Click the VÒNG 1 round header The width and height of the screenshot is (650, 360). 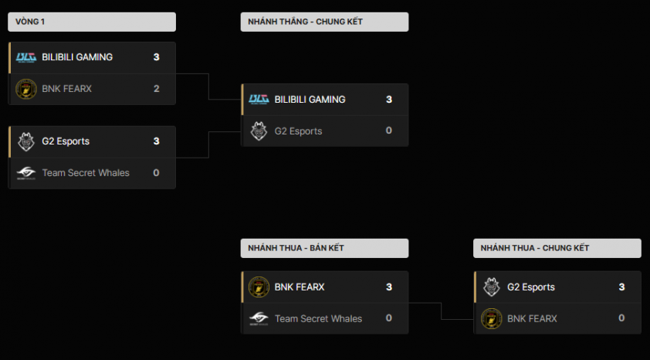tap(91, 22)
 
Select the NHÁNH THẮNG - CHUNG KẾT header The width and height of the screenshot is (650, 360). tap(324, 22)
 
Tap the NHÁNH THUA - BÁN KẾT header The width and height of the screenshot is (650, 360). tap(324, 248)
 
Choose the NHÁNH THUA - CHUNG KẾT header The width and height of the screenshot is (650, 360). tap(557, 248)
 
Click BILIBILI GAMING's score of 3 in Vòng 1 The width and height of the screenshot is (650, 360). tap(156, 57)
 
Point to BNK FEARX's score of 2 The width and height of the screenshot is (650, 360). tap(156, 89)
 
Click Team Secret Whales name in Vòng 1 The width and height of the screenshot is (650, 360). tap(86, 173)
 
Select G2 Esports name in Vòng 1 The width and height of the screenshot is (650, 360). tap(66, 141)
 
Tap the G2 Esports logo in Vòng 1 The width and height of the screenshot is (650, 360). tap(26, 141)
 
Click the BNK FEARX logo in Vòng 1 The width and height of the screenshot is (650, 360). tap(26, 89)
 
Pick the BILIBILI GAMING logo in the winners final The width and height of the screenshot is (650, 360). tap(259, 100)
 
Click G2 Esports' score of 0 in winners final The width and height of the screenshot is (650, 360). tap(389, 131)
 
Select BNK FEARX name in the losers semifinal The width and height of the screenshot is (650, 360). tap(300, 287)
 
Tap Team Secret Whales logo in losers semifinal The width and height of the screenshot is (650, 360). tap(259, 318)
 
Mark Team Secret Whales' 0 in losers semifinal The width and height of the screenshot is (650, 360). tap(389, 318)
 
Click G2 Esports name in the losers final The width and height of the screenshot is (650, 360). tap(531, 287)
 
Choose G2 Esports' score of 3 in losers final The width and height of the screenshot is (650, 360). tap(621, 287)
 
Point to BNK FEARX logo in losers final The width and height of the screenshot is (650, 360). tap(492, 318)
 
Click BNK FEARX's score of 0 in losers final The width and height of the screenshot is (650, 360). tap(621, 318)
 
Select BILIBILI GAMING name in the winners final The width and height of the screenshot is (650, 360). tap(310, 100)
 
